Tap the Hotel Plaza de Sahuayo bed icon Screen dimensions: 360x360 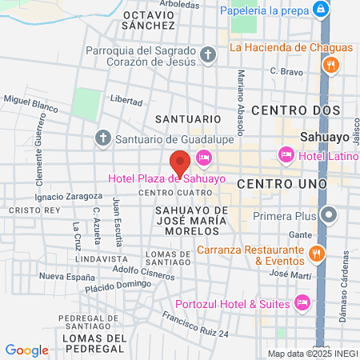tap(203, 158)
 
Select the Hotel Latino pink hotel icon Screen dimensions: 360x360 tap(286, 154)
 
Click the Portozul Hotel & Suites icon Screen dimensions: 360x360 tap(302, 302)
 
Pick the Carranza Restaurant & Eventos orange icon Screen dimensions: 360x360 tap(317, 254)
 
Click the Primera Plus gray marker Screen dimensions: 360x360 tap(328, 214)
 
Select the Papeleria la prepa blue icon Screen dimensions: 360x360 tap(321, 10)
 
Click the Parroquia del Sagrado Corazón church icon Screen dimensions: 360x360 tap(207, 54)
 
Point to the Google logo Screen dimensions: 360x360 tap(26, 350)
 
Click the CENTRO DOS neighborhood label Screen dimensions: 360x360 tap(295, 110)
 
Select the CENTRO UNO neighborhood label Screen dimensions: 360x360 tap(282, 184)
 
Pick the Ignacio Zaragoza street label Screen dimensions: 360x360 tap(70, 195)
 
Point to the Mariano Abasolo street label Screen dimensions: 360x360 tap(240, 92)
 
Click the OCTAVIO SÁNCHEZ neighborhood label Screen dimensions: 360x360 tap(149, 20)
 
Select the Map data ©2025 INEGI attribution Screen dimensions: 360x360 tap(312, 354)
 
